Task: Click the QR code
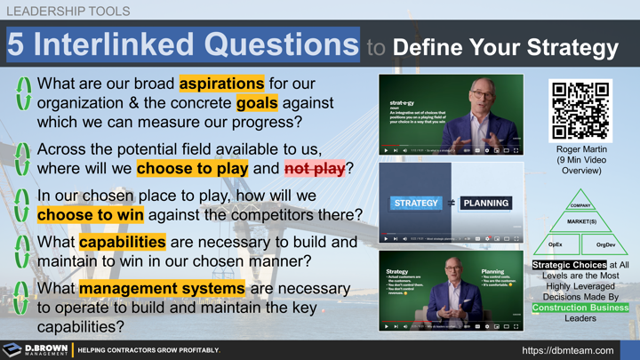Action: pyautogui.click(x=581, y=110)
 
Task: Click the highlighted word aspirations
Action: pyautogui.click(x=221, y=84)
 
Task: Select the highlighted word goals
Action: pyautogui.click(x=257, y=103)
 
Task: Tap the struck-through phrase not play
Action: pyautogui.click(x=314, y=168)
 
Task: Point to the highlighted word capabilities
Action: pyautogui.click(x=122, y=242)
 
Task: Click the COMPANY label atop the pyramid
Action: pyautogui.click(x=580, y=205)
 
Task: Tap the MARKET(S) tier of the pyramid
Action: pyautogui.click(x=581, y=222)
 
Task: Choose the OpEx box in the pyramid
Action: pyautogui.click(x=555, y=244)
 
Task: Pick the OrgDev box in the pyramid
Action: pyautogui.click(x=605, y=244)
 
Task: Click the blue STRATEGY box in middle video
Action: pyautogui.click(x=416, y=203)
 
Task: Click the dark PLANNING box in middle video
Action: pyautogui.click(x=486, y=203)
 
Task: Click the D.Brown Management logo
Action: pyautogui.click(x=36, y=349)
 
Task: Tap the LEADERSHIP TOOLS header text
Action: pyautogui.click(x=68, y=12)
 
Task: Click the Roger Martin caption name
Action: pyautogui.click(x=581, y=149)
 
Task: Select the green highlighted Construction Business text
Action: pyautogui.click(x=580, y=308)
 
